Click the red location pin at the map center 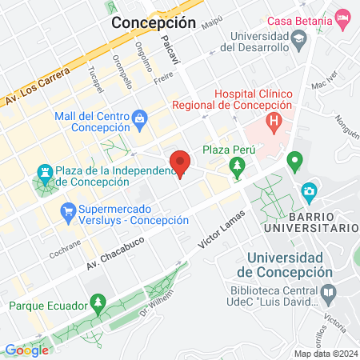[x=180, y=163]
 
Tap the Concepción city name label [x=154, y=22]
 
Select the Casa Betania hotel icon [x=342, y=17]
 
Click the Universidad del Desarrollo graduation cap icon [x=298, y=38]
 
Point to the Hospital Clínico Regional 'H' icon [x=274, y=122]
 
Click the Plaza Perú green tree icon [x=237, y=167]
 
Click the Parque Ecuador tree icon [x=97, y=304]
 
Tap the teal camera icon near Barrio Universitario [x=309, y=191]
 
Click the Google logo [x=26, y=350]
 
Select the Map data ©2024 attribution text [x=325, y=354]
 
